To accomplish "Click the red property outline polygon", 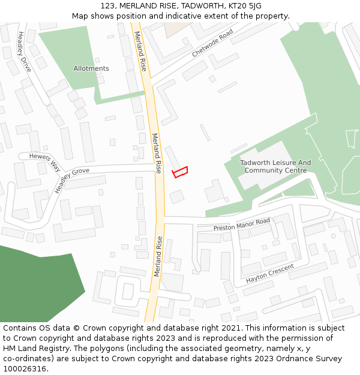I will click(x=180, y=172).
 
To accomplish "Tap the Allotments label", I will click(x=91, y=68).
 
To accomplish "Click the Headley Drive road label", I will click(x=25, y=52).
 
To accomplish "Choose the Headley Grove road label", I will click(x=71, y=181).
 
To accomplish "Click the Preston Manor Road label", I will click(x=242, y=225).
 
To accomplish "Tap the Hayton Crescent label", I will click(x=270, y=273).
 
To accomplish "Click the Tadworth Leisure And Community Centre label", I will click(x=275, y=166).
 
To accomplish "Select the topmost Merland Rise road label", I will click(x=140, y=51).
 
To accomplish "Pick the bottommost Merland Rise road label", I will click(x=158, y=256).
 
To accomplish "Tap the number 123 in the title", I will click(x=107, y=6).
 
